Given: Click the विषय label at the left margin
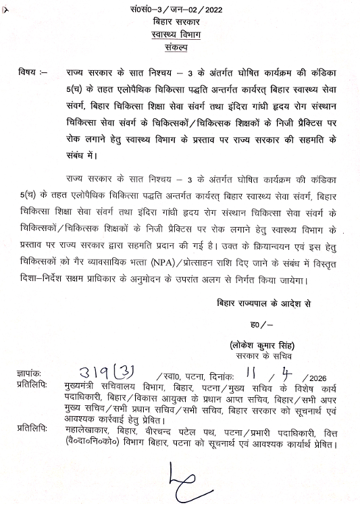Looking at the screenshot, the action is (x=34, y=70).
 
